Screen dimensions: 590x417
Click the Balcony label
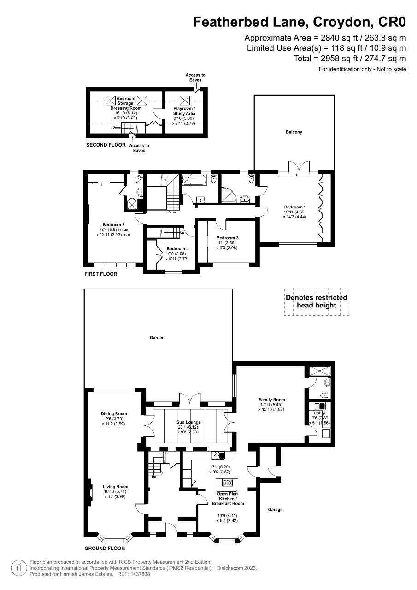pos(294,132)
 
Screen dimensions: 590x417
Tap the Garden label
pos(157,338)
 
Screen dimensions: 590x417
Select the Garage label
pos(275,509)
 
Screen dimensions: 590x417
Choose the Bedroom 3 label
pos(227,238)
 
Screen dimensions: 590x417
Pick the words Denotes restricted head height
pos(316,301)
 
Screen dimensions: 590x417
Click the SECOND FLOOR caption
pos(106,145)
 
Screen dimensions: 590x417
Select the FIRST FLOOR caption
pos(100,274)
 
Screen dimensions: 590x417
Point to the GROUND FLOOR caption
pos(105,549)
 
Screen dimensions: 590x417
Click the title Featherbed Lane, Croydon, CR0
pos(300,22)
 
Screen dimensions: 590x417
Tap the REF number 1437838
pos(140,575)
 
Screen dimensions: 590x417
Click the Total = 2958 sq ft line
pos(350,58)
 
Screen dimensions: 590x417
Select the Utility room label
pos(319,413)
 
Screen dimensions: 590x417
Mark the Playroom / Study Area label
pos(184,111)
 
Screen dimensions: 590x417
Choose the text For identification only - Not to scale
pos(363,69)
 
